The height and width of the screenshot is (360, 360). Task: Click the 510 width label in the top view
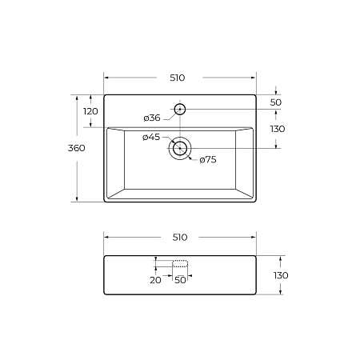coord(178,78)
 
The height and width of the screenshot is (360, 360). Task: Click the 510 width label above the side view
coord(180,237)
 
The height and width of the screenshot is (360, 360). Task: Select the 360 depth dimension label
coord(77,148)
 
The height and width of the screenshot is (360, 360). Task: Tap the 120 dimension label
coord(90,111)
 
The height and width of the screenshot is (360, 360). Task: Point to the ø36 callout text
coord(152,118)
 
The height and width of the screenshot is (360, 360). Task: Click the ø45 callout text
coord(151,137)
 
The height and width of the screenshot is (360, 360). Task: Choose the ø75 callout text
coord(208,160)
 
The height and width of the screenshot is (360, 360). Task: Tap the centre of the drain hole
coord(180,148)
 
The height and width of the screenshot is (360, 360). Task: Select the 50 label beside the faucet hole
coord(276,102)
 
